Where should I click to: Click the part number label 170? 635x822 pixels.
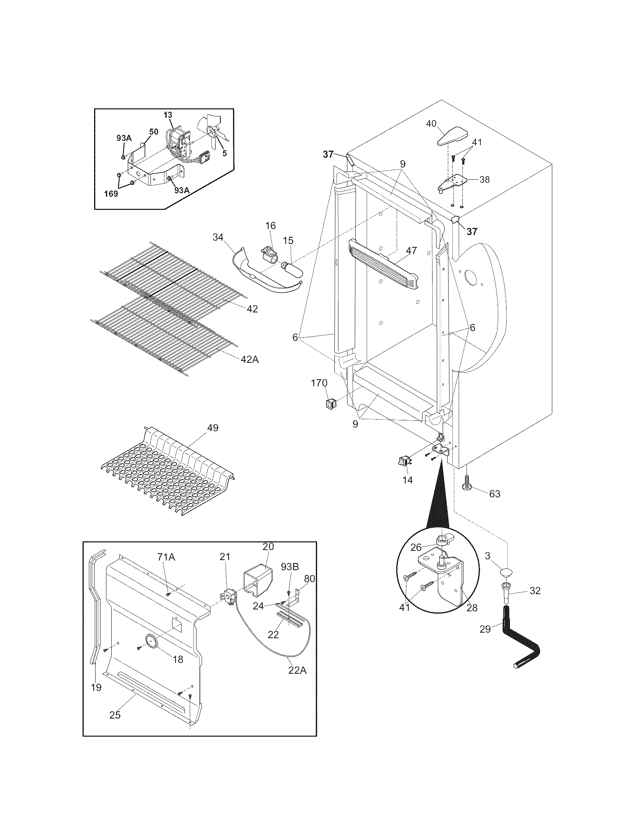click(x=319, y=383)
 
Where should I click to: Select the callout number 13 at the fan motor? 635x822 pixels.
click(x=168, y=115)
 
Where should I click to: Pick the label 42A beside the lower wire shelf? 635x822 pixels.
click(x=250, y=359)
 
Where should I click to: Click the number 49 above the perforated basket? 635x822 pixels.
click(x=213, y=428)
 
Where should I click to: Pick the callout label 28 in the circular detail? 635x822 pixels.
click(x=472, y=608)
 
